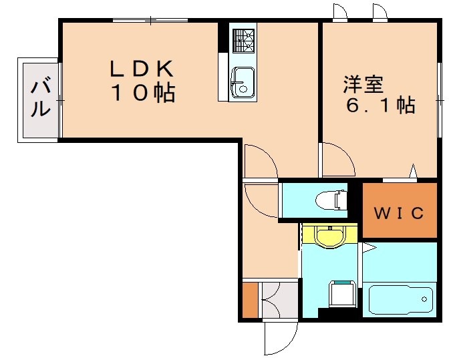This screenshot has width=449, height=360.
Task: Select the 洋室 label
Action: [363, 85]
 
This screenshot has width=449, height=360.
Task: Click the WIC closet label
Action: [398, 213]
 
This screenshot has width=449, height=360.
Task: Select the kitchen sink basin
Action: [242, 81]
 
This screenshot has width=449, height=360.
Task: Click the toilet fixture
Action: [332, 200]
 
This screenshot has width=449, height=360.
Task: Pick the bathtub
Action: [400, 300]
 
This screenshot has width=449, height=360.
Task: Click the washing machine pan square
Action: [343, 295]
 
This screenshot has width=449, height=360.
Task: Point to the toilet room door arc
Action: [262, 199]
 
